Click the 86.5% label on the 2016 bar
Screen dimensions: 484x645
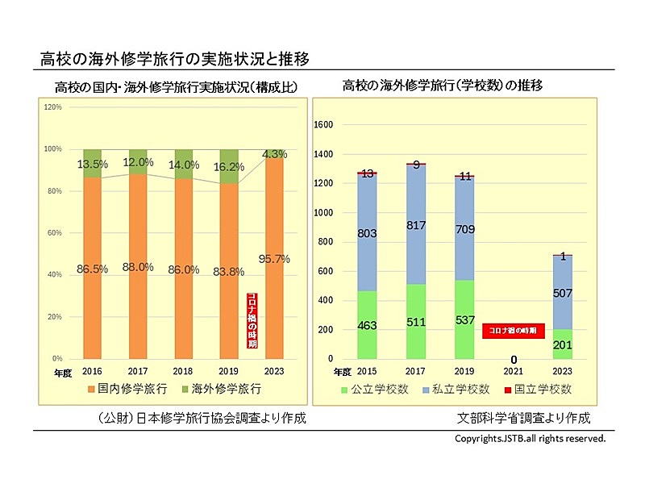pyautogui.click(x=94, y=269)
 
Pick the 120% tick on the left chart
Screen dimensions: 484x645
pyautogui.click(x=53, y=106)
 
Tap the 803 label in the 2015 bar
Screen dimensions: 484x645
pyautogui.click(x=368, y=233)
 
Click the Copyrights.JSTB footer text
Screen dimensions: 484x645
pyautogui.click(x=530, y=440)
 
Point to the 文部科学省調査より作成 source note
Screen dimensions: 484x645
pyautogui.click(x=523, y=419)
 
